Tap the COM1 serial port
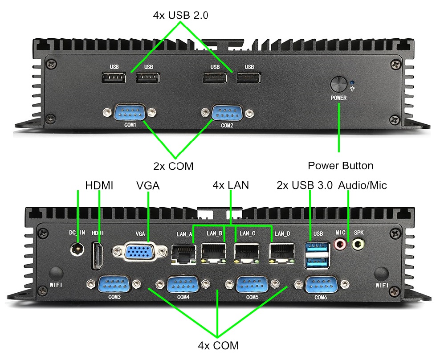tap(128, 112)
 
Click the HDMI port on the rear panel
tap(97, 255)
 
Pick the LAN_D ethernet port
tap(282, 253)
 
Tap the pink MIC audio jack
tap(341, 244)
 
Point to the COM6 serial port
tap(320, 284)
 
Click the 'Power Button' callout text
tap(340, 166)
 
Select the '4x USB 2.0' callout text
tap(181, 15)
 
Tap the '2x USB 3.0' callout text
tap(305, 185)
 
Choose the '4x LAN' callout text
tap(230, 185)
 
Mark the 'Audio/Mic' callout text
tap(363, 185)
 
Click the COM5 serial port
tap(252, 284)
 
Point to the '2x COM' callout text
tap(174, 166)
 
